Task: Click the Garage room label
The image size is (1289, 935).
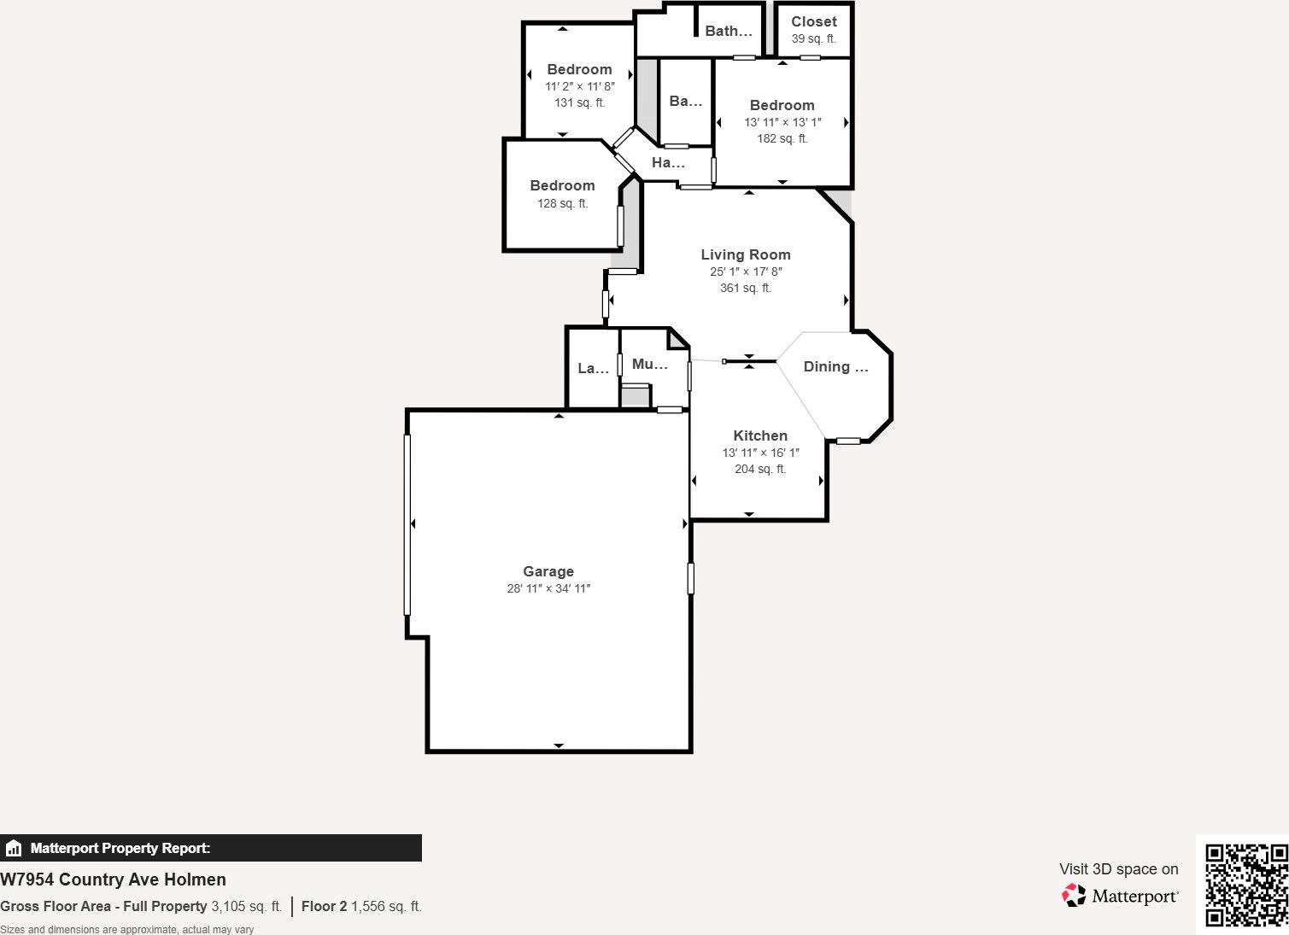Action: (x=548, y=571)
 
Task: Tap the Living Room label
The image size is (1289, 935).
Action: (x=746, y=254)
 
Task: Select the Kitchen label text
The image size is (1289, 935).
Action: (x=760, y=435)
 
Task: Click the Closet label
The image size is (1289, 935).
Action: (x=814, y=22)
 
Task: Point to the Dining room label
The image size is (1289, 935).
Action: (x=835, y=366)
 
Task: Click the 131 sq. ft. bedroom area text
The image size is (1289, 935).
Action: (x=580, y=102)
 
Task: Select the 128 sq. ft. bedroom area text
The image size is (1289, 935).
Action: (x=562, y=203)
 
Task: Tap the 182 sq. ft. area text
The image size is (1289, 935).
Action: (x=782, y=138)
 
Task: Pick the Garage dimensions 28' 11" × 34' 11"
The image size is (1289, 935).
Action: (x=548, y=588)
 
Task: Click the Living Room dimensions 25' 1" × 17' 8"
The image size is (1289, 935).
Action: (x=746, y=272)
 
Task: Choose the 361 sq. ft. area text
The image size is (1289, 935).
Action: (x=746, y=288)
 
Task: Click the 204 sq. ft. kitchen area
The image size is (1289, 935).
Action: (x=760, y=469)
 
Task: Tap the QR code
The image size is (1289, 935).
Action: (x=1246, y=885)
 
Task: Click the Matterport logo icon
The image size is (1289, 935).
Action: (x=1074, y=895)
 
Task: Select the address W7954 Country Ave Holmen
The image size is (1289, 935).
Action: (x=114, y=879)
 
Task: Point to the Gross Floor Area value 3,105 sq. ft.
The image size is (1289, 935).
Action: (x=246, y=906)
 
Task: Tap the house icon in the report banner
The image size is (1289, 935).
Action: (x=14, y=848)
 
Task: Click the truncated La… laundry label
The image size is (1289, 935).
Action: (x=593, y=368)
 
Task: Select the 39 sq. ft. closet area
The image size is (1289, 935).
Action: (x=814, y=39)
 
